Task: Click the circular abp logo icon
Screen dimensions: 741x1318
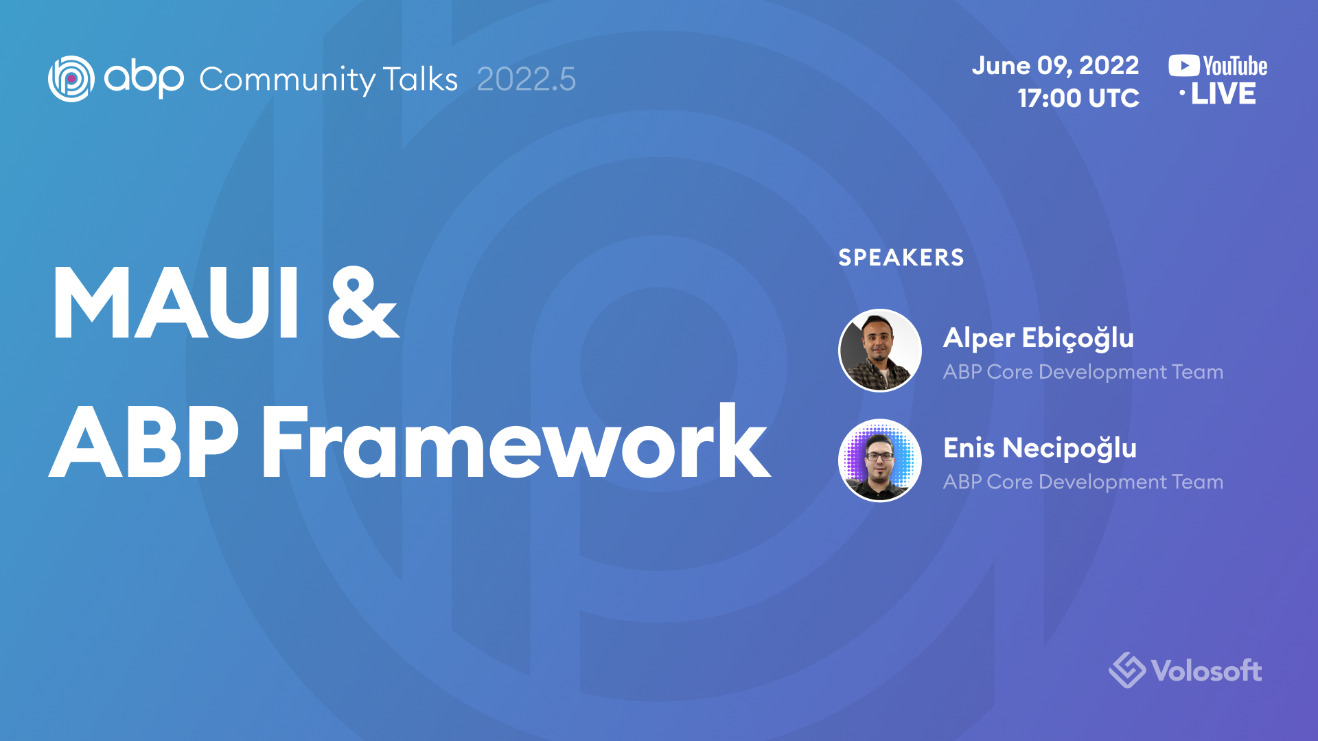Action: tap(71, 79)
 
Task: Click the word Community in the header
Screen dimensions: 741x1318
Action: tap(287, 80)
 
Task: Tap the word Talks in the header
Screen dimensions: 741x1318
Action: tap(420, 79)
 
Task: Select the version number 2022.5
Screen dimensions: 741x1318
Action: tap(526, 79)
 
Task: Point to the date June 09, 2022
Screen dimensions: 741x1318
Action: tap(1055, 66)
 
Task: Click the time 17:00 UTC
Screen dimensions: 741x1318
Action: tap(1078, 98)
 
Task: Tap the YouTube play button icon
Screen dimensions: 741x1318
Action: tap(1184, 66)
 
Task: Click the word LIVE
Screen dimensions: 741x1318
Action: tap(1223, 94)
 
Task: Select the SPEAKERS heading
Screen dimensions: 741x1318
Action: tap(901, 257)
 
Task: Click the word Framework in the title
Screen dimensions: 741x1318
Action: tap(516, 441)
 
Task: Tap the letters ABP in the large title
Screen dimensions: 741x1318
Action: tap(145, 441)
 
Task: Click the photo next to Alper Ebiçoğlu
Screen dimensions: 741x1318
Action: tap(880, 350)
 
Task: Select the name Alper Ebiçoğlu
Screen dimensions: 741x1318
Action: tap(1039, 338)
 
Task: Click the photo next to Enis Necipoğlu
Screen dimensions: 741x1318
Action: tap(880, 460)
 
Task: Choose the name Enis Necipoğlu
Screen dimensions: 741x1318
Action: tap(1040, 448)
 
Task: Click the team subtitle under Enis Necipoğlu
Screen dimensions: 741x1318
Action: tap(1083, 482)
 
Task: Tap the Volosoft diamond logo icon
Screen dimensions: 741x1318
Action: tap(1126, 670)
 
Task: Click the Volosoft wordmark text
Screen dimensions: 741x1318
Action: tap(1207, 671)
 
